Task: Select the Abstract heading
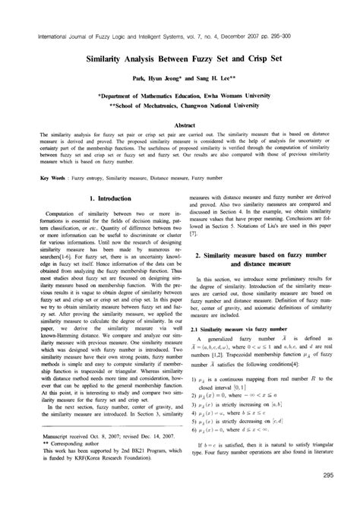pos(180,124)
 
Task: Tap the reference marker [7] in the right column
pos(193,232)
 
